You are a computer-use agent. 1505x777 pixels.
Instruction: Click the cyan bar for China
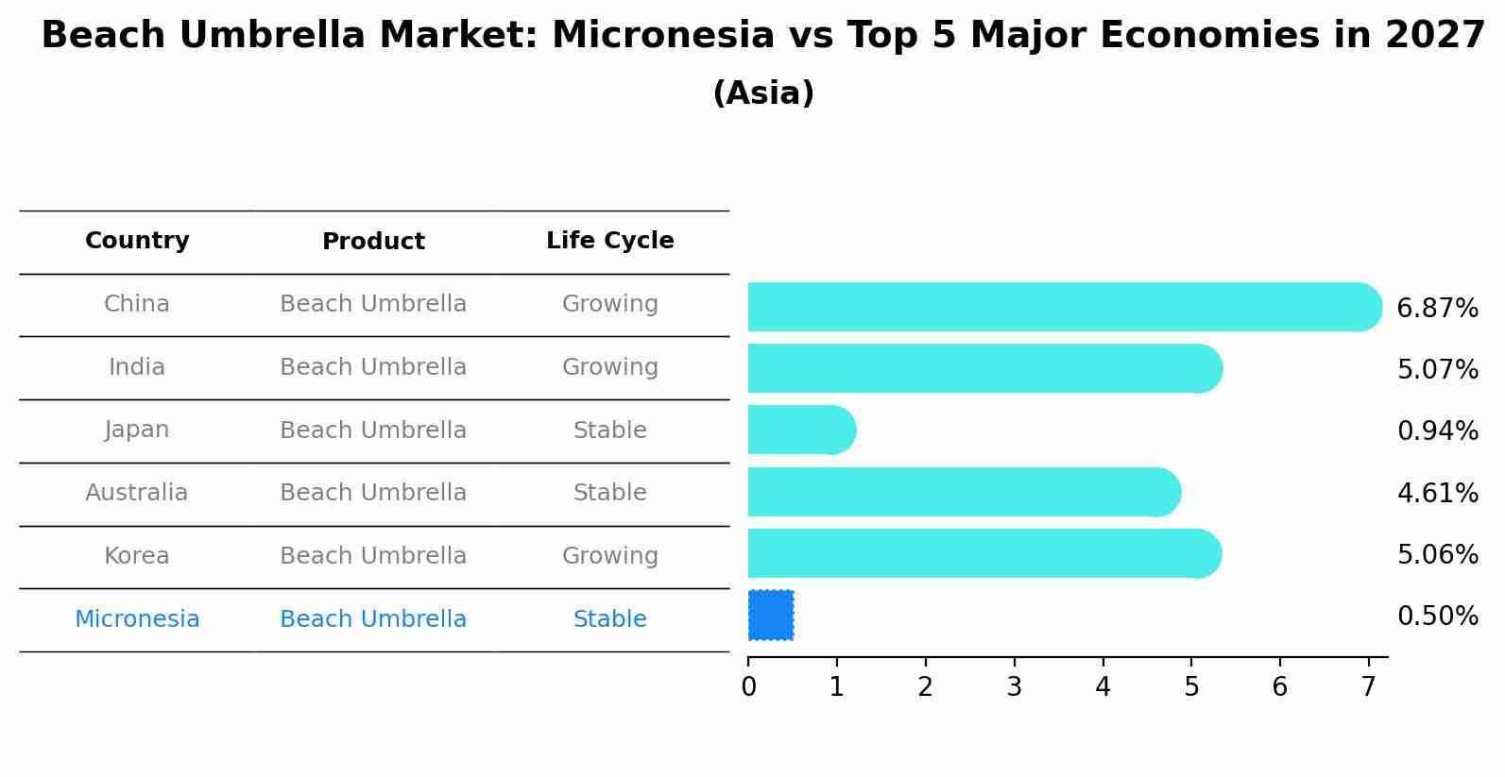click(1065, 307)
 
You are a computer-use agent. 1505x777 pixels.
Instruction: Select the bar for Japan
click(801, 430)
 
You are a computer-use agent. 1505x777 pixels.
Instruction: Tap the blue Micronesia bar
click(771, 616)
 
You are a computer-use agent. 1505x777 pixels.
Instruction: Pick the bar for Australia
click(965, 492)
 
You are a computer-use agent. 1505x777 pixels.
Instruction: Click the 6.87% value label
click(1437, 308)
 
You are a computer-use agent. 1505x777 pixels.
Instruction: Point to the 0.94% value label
click(1438, 431)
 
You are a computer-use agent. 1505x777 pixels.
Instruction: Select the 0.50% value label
click(1438, 616)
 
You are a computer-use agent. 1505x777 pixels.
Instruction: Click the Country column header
click(137, 241)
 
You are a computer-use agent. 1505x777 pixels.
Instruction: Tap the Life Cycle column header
click(610, 241)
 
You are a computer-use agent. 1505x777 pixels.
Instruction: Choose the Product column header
click(373, 241)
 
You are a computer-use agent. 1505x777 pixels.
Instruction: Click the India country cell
click(137, 366)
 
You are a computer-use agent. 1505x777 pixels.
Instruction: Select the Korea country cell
click(137, 555)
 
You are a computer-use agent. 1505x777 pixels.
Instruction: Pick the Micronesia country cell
click(137, 618)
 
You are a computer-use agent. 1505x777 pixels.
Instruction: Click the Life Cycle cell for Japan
click(610, 430)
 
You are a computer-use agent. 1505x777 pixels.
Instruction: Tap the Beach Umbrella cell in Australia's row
click(373, 492)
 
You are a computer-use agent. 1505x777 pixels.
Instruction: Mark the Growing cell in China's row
click(610, 304)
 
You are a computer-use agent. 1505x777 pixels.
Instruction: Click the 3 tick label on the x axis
click(1015, 685)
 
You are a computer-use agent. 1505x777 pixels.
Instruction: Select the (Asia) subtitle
click(764, 93)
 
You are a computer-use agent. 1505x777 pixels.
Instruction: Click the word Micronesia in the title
click(663, 35)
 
